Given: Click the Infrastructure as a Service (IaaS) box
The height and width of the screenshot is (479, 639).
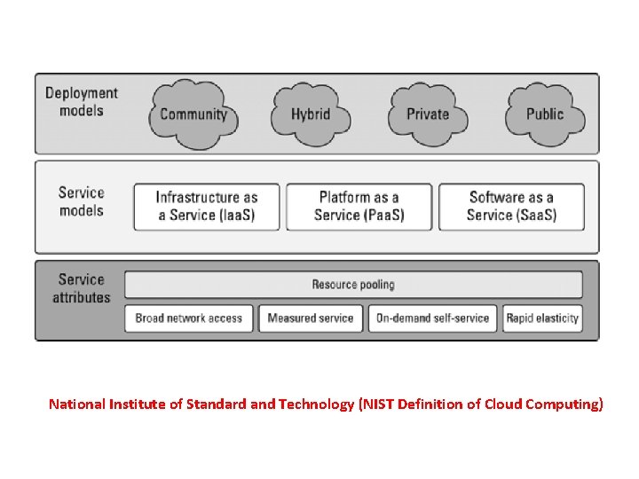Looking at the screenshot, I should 207,207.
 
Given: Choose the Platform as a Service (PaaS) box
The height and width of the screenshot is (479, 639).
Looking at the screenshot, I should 359,207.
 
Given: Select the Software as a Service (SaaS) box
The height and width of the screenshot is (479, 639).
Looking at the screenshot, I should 512,207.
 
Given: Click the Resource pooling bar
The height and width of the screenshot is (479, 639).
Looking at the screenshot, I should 353,285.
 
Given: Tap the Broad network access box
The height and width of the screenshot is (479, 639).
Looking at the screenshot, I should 189,318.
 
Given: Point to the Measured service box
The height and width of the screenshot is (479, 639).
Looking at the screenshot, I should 311,318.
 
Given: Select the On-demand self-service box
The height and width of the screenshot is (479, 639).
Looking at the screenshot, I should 433,318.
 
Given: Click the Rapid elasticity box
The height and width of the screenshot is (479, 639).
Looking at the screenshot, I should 542,318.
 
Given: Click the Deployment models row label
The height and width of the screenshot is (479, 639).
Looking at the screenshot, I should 82,102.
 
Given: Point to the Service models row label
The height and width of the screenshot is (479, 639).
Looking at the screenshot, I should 82,201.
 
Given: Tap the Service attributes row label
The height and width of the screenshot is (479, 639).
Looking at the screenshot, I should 82,288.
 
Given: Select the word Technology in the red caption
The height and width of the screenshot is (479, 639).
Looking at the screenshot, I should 316,404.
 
